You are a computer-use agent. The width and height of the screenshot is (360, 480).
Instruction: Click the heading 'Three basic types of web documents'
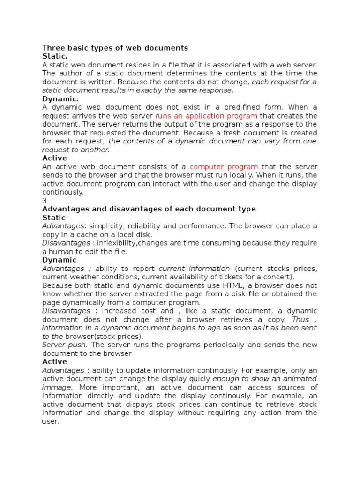pos(115,48)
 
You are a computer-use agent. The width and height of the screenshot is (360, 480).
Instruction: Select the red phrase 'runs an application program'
pos(206,116)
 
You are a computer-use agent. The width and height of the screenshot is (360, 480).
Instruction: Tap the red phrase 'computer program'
pos(224,167)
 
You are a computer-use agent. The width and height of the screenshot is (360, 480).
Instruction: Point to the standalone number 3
pos(45,201)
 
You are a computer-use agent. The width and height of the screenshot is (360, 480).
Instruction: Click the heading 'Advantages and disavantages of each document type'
pos(149,209)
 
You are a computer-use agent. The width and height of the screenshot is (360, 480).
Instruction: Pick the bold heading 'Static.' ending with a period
pos(55,56)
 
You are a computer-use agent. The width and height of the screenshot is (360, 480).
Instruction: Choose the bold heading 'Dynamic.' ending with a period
pos(60,99)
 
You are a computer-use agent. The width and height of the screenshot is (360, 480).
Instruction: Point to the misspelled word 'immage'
pos(57,387)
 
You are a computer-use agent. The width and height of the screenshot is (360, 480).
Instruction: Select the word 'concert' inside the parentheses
pos(276,277)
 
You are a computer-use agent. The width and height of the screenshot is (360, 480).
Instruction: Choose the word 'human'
pos(60,251)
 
